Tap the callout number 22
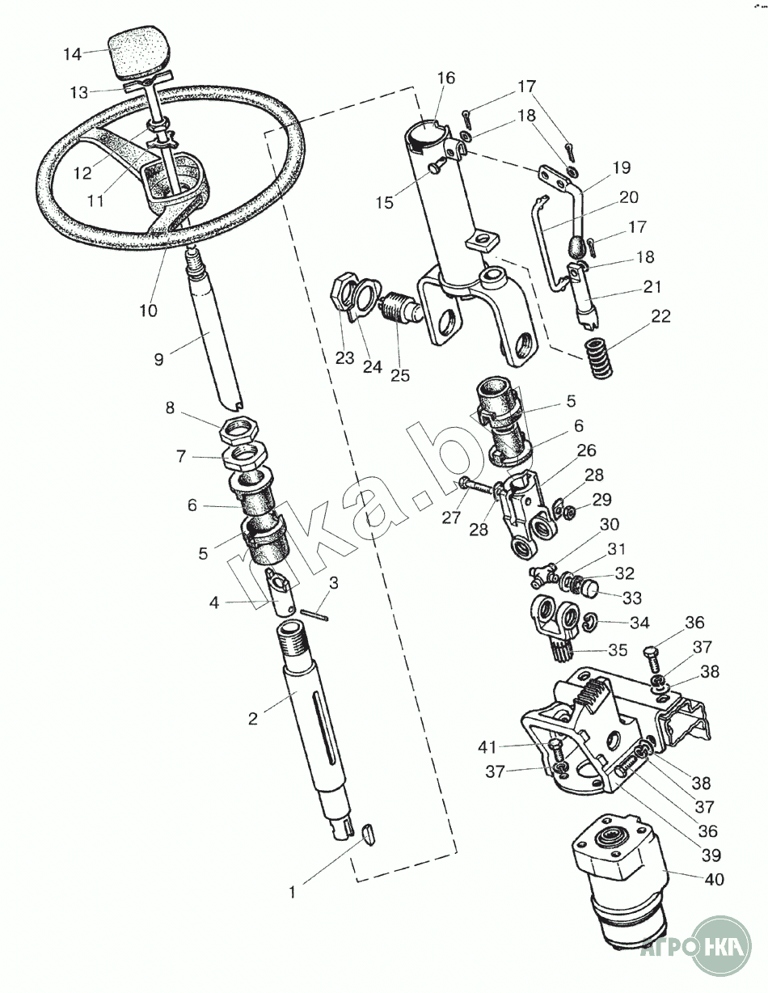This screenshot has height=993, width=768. click(x=660, y=316)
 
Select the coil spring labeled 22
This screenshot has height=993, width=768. click(x=599, y=359)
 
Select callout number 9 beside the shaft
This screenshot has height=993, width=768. click(x=158, y=359)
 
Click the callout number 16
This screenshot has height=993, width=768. click(x=446, y=78)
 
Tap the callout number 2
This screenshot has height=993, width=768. click(x=253, y=718)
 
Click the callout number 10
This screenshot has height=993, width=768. click(x=148, y=310)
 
